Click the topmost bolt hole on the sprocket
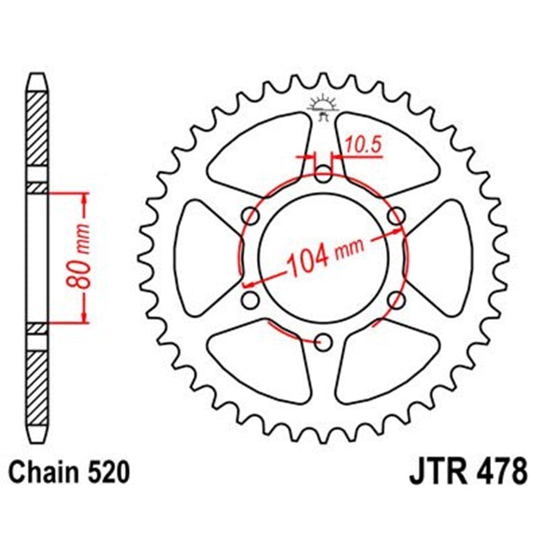pyautogui.click(x=324, y=174)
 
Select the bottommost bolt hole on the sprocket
pyautogui.click(x=323, y=340)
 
